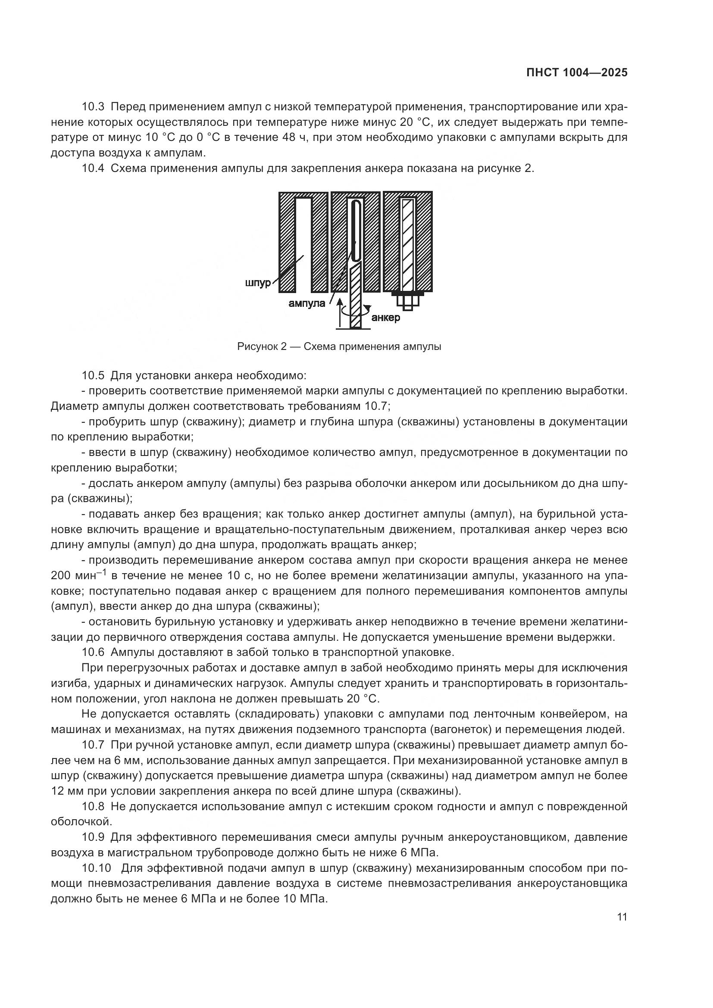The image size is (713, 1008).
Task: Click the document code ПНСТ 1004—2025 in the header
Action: point(576,73)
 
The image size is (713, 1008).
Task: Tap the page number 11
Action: point(622,917)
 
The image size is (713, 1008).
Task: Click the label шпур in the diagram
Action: point(258,283)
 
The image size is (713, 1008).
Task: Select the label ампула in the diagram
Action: point(306,303)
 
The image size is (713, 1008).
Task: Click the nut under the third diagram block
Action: point(408,301)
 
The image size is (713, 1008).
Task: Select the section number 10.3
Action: point(93,107)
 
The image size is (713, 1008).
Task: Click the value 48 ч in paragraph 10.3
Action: point(294,137)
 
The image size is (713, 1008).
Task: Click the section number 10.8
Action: point(93,806)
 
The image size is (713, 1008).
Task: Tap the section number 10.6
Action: point(93,652)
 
